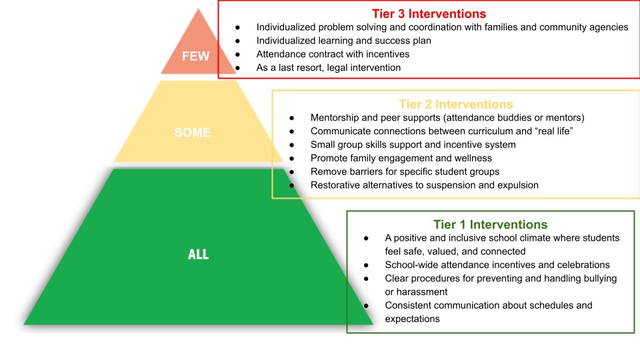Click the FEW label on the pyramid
(195, 56)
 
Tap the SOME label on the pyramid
(192, 133)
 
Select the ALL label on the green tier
(199, 255)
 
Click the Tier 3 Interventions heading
(429, 14)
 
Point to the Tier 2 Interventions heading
(456, 105)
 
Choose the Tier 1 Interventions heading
(490, 225)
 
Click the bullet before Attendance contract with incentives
(237, 54)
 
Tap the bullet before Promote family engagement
(292, 159)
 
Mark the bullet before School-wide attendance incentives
(366, 265)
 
